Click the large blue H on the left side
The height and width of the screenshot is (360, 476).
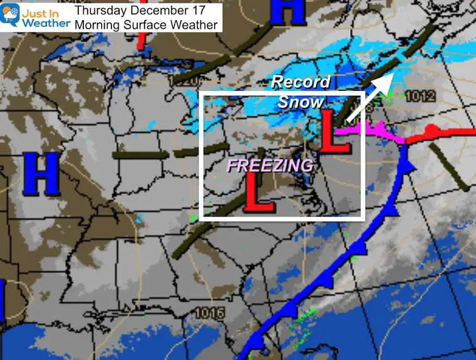(x=41, y=173)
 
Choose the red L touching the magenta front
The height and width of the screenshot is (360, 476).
(x=335, y=130)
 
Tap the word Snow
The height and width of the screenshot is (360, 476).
(x=301, y=101)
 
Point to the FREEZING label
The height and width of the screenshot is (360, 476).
(x=270, y=165)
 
